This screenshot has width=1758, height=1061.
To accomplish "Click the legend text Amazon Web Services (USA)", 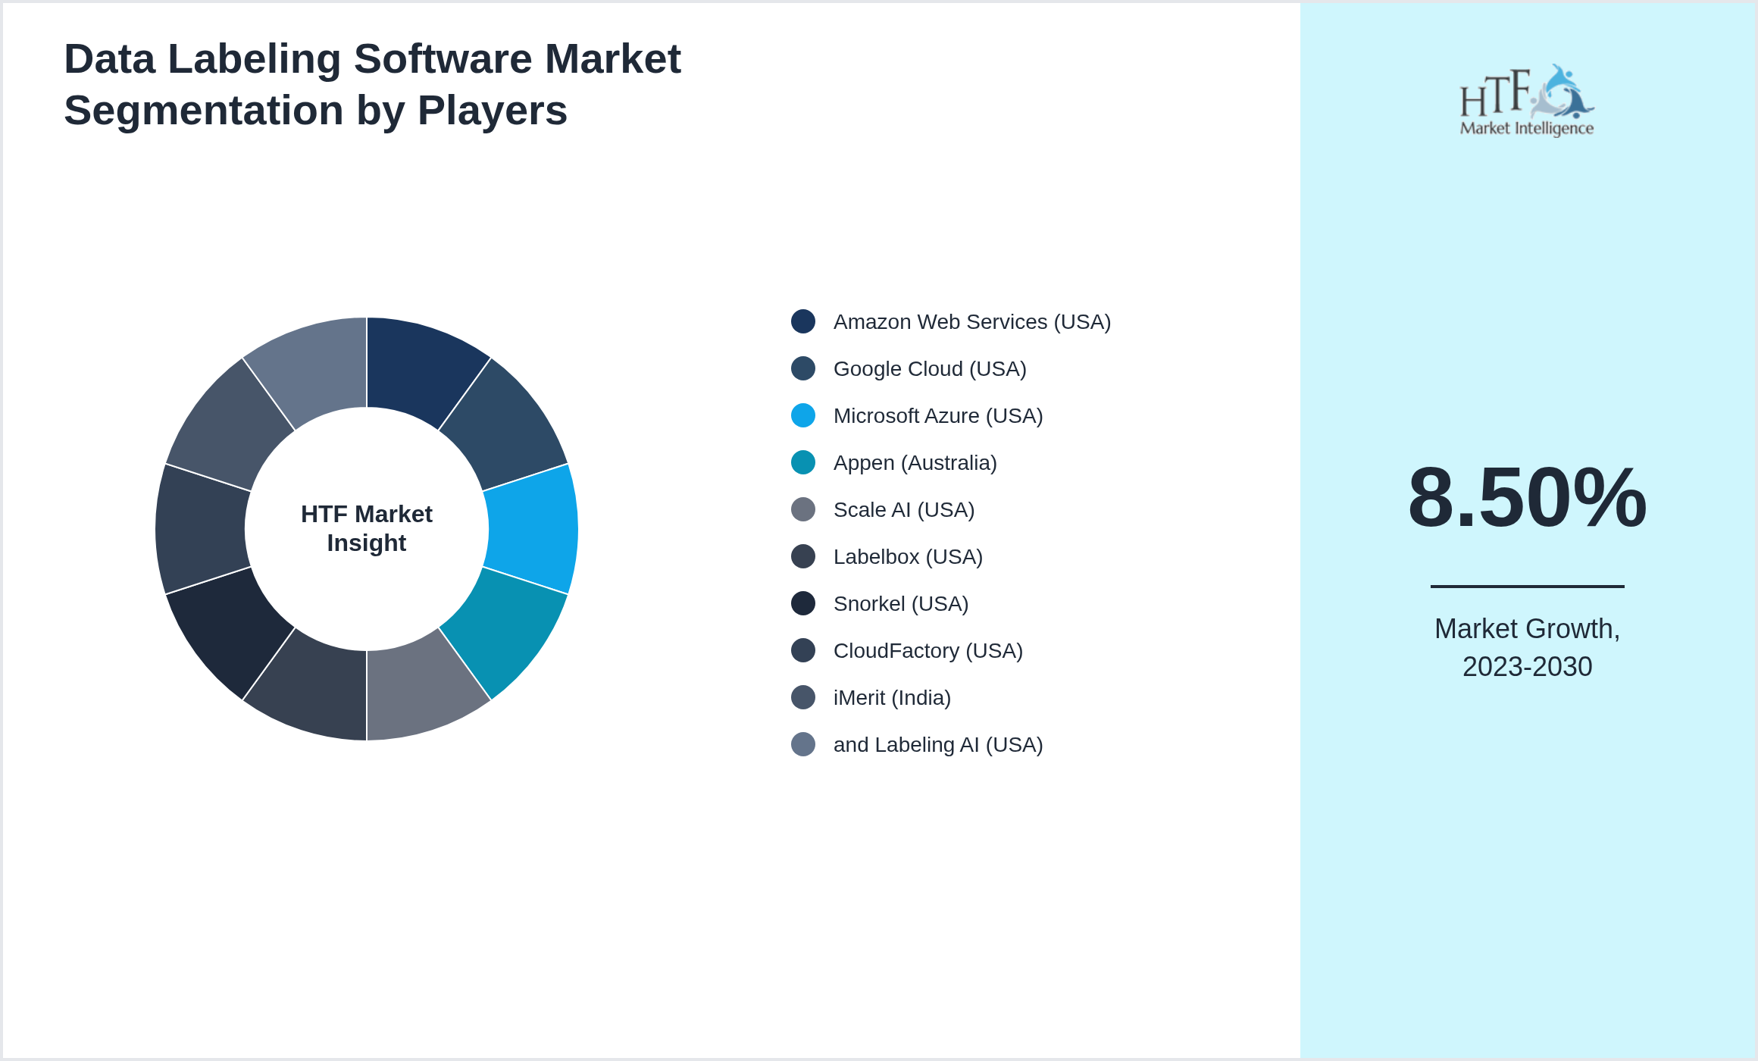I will click(x=971, y=322).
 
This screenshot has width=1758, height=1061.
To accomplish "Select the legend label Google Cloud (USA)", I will click(x=929, y=369).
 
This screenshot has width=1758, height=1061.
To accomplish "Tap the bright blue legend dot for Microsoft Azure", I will click(x=802, y=415).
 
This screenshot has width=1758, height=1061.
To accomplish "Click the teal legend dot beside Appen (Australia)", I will click(x=802, y=462).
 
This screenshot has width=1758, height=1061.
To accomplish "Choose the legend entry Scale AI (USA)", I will click(x=903, y=510).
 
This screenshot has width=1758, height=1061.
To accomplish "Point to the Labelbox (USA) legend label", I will click(x=907, y=557).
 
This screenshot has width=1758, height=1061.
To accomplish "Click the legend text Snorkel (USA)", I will click(x=900, y=604).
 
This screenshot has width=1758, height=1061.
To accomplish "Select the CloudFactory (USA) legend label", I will click(x=927, y=651).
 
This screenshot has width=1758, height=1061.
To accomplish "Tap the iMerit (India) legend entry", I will click(x=891, y=698).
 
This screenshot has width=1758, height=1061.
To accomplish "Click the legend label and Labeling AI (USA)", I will click(x=937, y=745).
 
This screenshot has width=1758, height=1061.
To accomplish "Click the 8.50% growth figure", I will click(x=1527, y=498).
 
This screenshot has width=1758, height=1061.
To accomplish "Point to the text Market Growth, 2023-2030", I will click(x=1527, y=647).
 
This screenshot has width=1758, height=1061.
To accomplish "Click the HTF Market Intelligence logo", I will click(x=1526, y=101).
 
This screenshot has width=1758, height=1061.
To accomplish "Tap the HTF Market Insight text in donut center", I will click(x=367, y=528).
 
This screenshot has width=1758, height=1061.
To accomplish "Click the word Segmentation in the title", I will click(x=203, y=111).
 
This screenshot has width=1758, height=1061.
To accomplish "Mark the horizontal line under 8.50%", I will click(x=1527, y=586).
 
